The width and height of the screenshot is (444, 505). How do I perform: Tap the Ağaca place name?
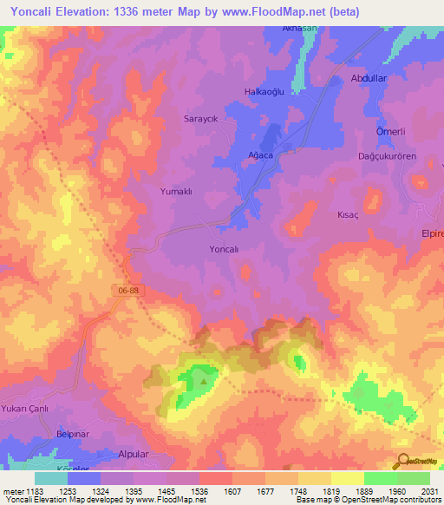(260, 154)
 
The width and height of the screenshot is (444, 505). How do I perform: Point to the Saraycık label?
(198, 118)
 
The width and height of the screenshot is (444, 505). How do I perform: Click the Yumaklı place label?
(176, 190)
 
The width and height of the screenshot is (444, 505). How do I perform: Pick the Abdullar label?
(368, 78)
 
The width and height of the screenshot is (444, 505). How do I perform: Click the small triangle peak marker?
(205, 378)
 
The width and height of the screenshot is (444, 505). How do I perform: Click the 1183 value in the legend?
(34, 490)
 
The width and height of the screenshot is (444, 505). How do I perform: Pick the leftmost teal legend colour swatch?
(51, 478)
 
